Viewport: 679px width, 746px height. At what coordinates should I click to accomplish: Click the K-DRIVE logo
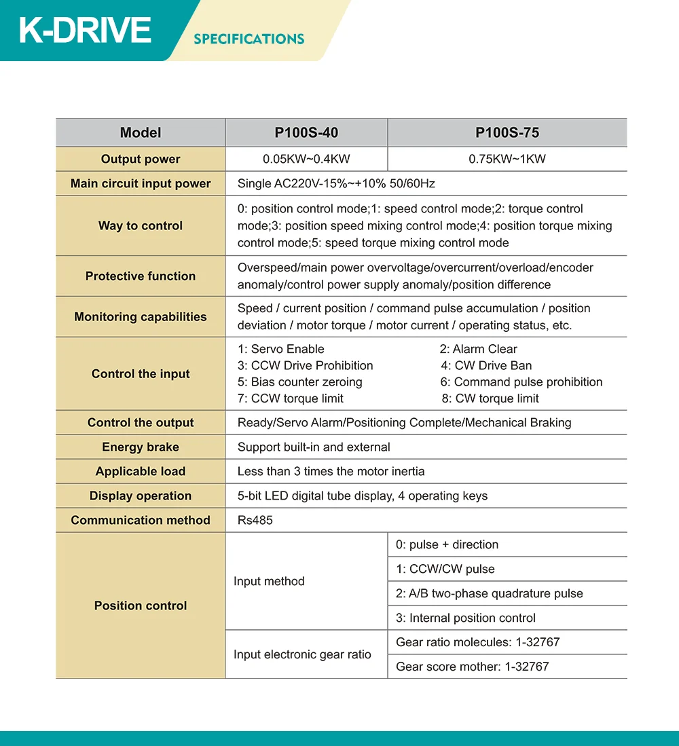(85, 31)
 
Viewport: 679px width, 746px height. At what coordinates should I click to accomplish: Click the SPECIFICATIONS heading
(249, 39)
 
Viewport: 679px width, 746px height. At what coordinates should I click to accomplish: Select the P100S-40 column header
(306, 132)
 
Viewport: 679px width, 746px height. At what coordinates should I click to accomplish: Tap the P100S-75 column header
(507, 132)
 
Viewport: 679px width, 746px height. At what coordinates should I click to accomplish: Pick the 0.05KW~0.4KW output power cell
(306, 160)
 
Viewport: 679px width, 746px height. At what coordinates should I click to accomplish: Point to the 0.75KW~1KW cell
(507, 160)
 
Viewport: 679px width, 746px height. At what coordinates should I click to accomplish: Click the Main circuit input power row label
(141, 184)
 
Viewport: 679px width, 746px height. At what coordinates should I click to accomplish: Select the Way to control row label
(141, 226)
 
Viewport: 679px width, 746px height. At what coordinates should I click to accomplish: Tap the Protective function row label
(141, 276)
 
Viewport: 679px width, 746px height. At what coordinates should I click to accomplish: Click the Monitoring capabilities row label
(141, 317)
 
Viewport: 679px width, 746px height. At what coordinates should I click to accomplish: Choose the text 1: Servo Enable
(281, 349)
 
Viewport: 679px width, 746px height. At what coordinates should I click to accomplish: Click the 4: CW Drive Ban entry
(486, 366)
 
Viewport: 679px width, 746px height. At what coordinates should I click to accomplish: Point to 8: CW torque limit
(490, 398)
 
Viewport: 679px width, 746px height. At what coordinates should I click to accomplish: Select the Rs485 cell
(255, 521)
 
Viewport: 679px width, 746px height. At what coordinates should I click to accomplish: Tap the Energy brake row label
(141, 447)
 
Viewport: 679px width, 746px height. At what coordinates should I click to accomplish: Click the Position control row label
(141, 605)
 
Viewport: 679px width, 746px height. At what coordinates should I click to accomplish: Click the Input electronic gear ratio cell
(302, 654)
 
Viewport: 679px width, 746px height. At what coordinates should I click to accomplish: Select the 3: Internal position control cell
(466, 618)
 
